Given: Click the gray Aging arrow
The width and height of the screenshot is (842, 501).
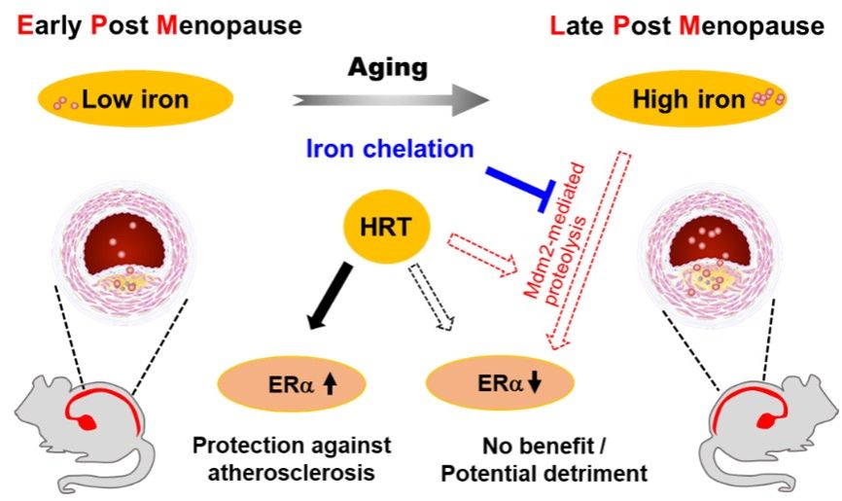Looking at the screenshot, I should (389, 99).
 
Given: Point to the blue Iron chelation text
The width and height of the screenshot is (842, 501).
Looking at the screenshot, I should (389, 149).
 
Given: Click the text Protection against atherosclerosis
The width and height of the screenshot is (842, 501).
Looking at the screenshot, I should (291, 458).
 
